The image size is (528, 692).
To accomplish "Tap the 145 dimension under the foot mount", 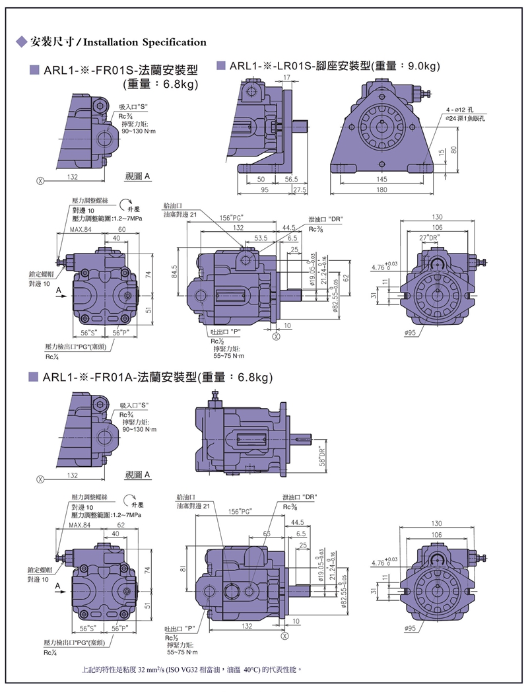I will (382, 180).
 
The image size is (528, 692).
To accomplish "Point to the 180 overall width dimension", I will (382, 191).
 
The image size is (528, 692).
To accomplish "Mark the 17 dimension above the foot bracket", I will (286, 78).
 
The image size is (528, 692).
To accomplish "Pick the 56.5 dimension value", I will (291, 180).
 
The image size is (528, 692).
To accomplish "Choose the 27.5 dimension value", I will (300, 191).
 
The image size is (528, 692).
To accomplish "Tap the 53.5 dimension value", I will (261, 238).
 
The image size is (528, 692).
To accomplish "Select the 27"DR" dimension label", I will (432, 238).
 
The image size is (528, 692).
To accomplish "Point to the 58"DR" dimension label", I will (322, 454).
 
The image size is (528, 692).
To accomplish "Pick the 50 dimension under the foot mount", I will (261, 180).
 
